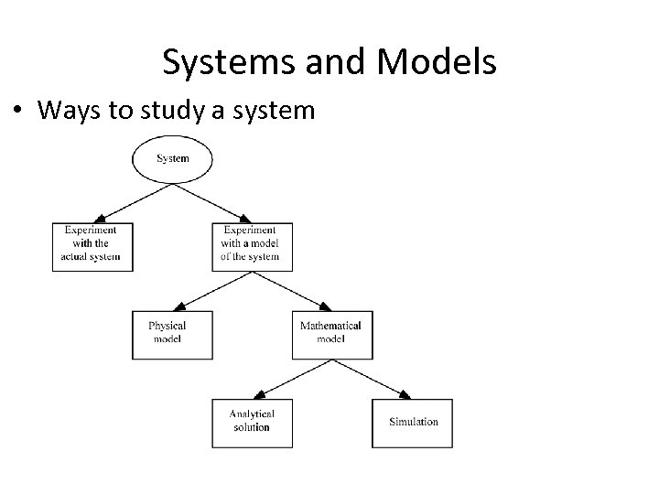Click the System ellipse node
click(172, 159)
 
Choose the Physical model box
click(172, 334)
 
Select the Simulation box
click(413, 422)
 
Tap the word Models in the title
click(434, 62)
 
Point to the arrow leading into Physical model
click(209, 291)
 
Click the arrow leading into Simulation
click(371, 378)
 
